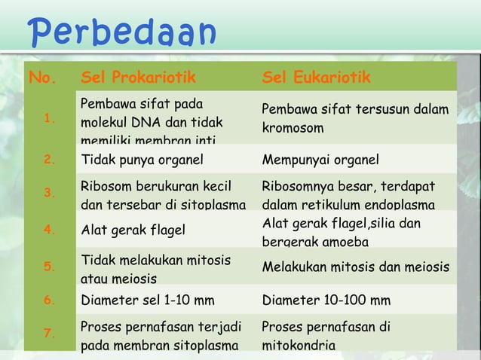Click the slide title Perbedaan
121,32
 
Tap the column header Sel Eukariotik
317,78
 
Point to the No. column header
42,78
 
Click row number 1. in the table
49,117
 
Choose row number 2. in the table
49,159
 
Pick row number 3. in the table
49,193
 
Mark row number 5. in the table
49,266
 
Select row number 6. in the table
49,301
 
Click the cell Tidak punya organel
139,159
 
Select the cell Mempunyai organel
320,159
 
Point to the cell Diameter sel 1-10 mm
147,301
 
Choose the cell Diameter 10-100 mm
326,301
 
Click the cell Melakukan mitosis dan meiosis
355,267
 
